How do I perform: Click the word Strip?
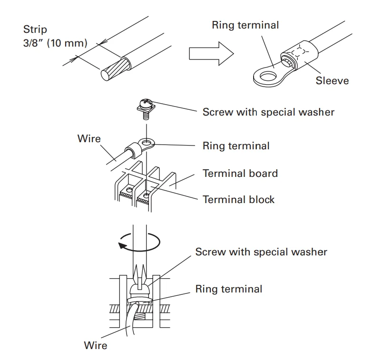(x=35, y=30)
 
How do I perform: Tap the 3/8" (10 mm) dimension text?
(x=55, y=43)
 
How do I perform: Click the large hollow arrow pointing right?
(x=210, y=53)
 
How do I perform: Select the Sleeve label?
(x=332, y=80)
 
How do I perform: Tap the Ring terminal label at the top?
(x=246, y=25)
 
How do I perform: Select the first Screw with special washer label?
(x=268, y=112)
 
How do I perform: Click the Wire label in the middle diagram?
(x=89, y=138)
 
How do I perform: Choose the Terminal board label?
(x=240, y=173)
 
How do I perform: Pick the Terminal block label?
(x=238, y=199)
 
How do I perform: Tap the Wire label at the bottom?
(x=95, y=345)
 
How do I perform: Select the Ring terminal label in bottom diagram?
(x=228, y=289)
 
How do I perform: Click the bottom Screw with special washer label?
(x=261, y=252)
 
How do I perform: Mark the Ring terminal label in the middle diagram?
(x=236, y=146)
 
